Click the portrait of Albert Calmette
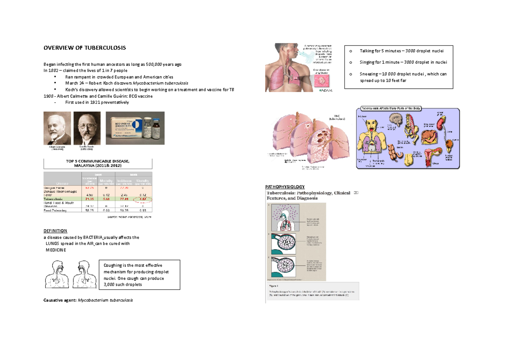(x=57, y=128)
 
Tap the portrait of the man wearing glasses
(x=87, y=128)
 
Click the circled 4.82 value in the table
(x=142, y=198)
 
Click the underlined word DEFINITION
(x=56, y=231)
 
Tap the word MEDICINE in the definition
(x=56, y=250)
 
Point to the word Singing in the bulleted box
(x=367, y=62)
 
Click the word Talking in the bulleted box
(x=367, y=51)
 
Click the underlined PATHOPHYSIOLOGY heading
(x=285, y=187)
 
